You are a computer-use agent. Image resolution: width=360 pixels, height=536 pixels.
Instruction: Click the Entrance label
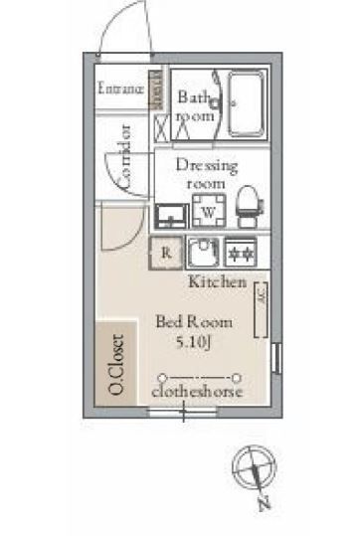click(121, 89)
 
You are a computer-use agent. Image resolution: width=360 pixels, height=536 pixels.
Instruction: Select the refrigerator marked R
click(165, 253)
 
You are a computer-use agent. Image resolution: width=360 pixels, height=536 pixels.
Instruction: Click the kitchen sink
click(205, 250)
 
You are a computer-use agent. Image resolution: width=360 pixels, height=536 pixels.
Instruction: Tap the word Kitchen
click(217, 282)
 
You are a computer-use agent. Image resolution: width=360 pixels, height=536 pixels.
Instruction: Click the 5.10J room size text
click(192, 342)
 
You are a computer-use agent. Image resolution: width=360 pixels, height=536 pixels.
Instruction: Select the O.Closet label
click(116, 363)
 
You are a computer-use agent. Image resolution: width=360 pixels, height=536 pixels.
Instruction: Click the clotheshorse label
click(198, 393)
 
